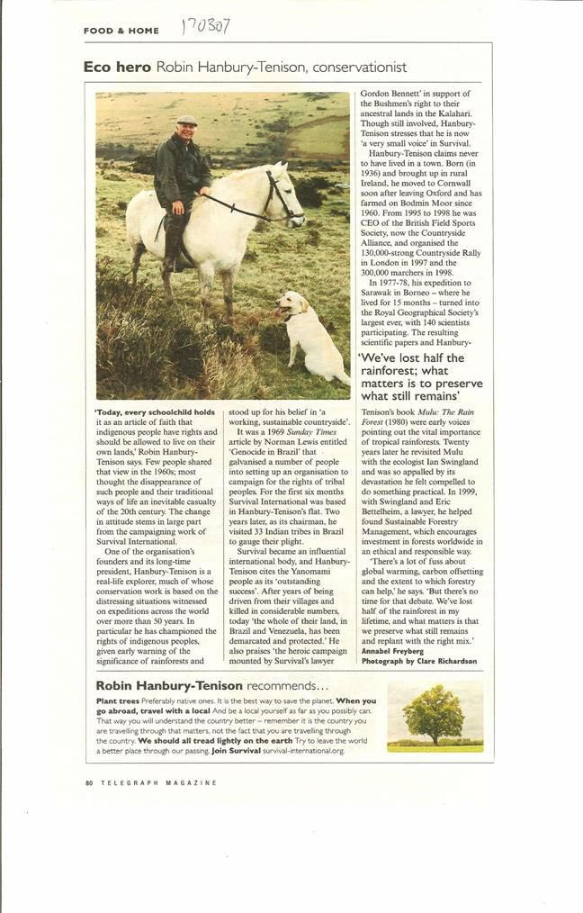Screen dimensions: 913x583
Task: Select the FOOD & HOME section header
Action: pos(121,31)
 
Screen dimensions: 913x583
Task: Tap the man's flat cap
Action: pos(187,120)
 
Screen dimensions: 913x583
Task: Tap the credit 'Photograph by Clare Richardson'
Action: pos(418,661)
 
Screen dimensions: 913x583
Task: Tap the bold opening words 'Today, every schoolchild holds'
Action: pos(154,411)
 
